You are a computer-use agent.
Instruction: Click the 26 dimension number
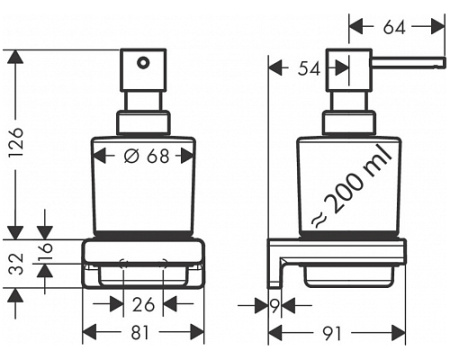[143, 305]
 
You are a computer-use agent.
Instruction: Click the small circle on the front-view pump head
[142, 63]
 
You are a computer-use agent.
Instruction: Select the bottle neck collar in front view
[142, 122]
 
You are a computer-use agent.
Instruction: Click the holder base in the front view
[143, 262]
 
